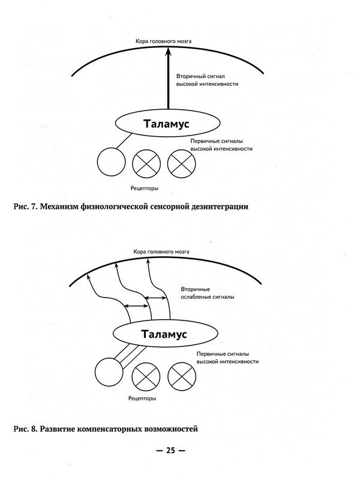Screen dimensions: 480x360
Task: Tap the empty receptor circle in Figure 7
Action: click(x=112, y=162)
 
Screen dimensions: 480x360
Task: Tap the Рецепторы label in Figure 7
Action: click(x=145, y=188)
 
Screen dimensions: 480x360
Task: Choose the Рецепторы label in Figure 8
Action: click(x=143, y=398)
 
